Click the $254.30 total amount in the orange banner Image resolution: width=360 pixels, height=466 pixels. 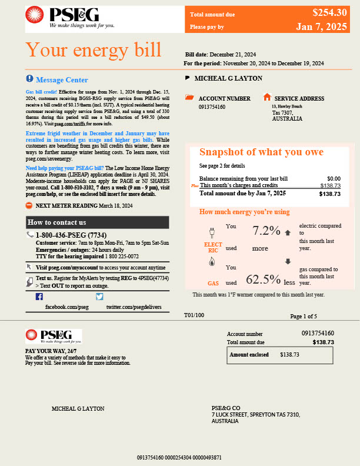coord(330,12)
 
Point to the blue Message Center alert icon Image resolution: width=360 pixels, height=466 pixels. coord(30,79)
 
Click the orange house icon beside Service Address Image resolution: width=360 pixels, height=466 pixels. coord(267,97)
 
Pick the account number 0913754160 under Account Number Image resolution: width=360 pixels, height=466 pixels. coord(212,107)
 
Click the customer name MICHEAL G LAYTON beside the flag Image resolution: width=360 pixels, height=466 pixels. coord(228,78)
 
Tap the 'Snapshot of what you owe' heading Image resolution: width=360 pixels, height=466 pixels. coord(261,152)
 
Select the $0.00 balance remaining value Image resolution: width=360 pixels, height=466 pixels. coord(334,178)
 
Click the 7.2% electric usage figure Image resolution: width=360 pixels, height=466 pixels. coord(266,231)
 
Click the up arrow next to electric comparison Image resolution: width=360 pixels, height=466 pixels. coord(288,232)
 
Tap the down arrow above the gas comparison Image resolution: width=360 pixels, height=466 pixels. coord(288,262)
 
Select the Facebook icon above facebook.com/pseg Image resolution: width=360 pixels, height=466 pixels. coord(39,297)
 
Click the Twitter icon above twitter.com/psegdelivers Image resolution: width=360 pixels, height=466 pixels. coord(99,297)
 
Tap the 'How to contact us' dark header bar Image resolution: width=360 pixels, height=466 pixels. coord(98,222)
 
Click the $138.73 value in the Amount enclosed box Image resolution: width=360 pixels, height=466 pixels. coord(289,355)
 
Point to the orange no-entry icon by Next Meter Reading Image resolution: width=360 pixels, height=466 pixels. coord(29,205)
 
